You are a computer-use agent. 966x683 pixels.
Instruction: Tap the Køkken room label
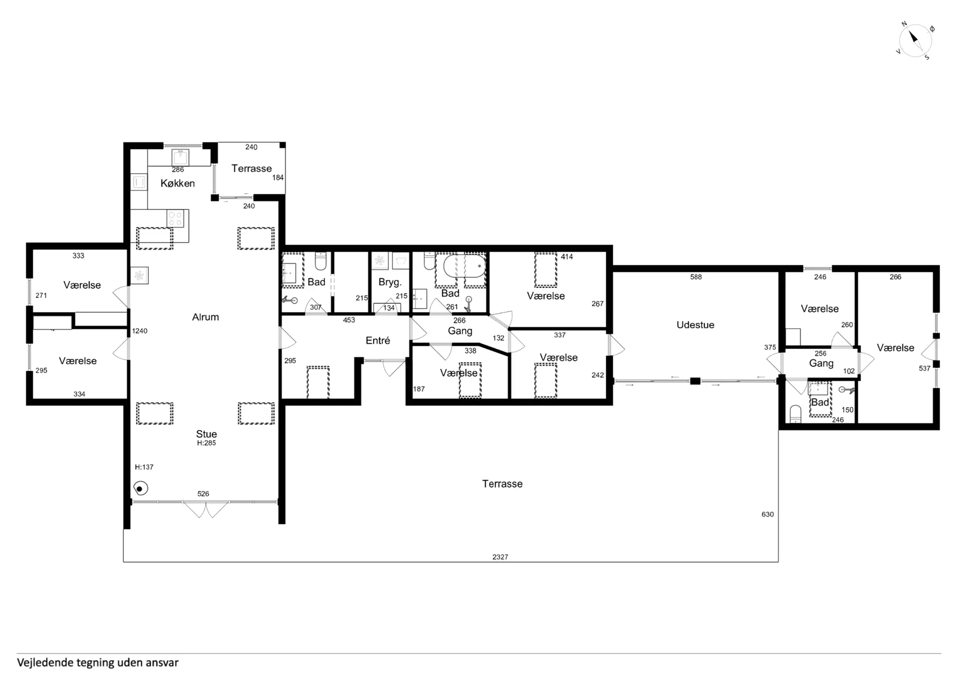point(178,183)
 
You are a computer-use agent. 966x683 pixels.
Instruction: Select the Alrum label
point(205,317)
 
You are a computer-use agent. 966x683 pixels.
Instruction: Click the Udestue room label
point(695,325)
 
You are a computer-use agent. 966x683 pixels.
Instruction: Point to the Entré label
point(378,341)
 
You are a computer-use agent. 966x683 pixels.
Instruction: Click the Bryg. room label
point(390,282)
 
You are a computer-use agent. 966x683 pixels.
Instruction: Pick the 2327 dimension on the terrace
point(500,557)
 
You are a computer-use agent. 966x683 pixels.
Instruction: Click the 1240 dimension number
point(140,331)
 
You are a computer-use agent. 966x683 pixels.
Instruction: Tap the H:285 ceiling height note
point(206,443)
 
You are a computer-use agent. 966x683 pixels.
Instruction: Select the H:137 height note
point(144,467)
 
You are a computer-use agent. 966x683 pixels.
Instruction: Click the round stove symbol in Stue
point(140,488)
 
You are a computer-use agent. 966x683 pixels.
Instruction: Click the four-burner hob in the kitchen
point(176,219)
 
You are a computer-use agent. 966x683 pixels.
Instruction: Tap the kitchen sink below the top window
point(180,157)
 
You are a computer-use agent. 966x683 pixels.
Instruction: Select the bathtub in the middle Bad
point(464,266)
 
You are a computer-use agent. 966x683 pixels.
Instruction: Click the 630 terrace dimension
point(768,514)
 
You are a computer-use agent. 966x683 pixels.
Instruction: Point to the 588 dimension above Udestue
point(696,277)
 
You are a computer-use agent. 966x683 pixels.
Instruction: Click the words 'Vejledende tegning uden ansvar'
point(98,662)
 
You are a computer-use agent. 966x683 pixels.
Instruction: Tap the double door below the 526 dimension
point(205,509)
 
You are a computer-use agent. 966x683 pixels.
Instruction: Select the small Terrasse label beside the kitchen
point(252,169)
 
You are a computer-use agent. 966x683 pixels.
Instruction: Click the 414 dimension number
point(567,257)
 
